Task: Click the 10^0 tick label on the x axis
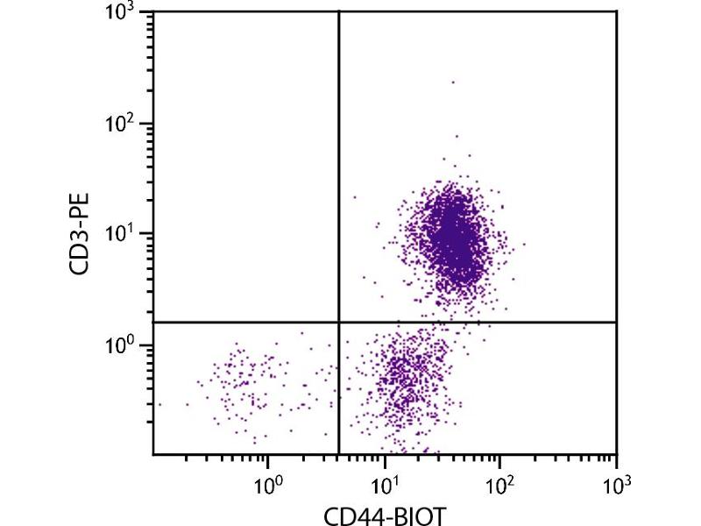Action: (x=268, y=482)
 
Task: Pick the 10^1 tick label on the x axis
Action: (x=385, y=482)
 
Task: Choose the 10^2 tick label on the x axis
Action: (x=500, y=482)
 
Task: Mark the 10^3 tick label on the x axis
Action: (x=617, y=482)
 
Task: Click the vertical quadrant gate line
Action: (x=338, y=175)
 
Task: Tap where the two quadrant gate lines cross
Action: (x=338, y=323)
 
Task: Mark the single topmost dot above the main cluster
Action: (x=453, y=82)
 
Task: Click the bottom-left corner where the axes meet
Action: (x=153, y=454)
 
